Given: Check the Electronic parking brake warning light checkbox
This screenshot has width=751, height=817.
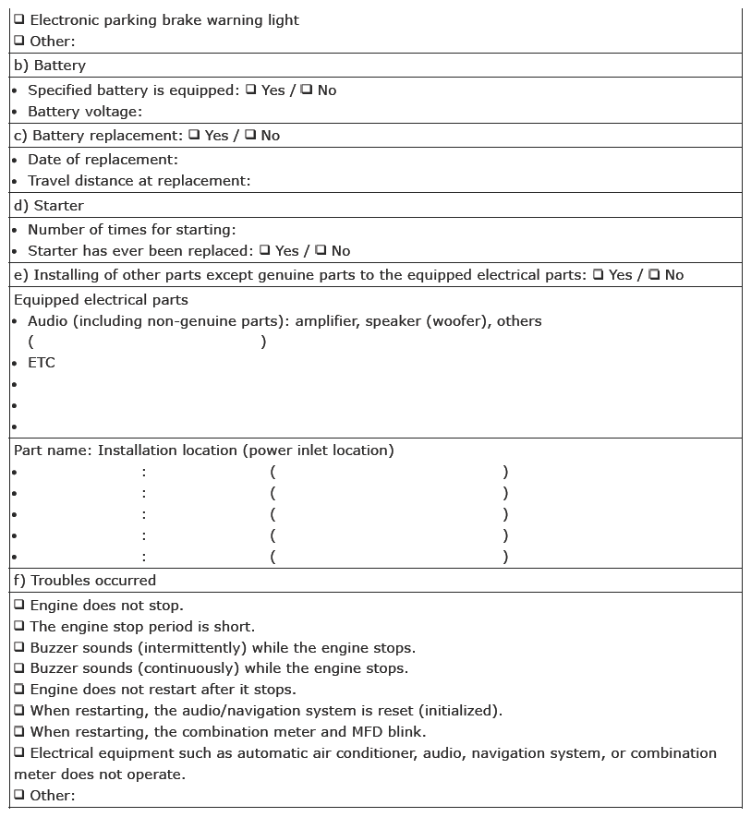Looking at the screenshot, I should tap(19, 19).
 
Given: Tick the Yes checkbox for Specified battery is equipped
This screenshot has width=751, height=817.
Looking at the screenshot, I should tap(250, 90).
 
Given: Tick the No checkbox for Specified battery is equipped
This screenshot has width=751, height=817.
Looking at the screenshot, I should tap(307, 90).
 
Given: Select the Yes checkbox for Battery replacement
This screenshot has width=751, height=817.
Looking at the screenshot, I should tap(194, 135).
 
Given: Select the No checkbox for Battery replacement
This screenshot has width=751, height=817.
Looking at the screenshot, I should tap(250, 135).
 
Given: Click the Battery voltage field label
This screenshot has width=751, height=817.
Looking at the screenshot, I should tap(85, 112).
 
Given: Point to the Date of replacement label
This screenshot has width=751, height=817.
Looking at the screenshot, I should tap(103, 160).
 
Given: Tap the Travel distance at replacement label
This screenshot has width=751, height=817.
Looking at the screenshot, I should tap(139, 181).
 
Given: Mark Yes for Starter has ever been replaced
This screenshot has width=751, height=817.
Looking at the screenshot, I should tap(265, 250).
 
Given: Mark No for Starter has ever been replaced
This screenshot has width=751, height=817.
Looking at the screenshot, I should tap(321, 250).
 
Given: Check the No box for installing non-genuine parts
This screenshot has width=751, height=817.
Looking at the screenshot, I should tap(654, 274).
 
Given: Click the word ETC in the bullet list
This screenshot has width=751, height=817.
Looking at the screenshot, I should tap(42, 363).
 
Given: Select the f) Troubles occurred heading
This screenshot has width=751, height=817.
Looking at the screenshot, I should tap(84, 581).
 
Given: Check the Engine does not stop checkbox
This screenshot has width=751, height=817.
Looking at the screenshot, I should tap(19, 606).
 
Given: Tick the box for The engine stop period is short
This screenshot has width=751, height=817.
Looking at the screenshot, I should tap(19, 627).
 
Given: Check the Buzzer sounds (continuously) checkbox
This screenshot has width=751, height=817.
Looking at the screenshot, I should tap(19, 668).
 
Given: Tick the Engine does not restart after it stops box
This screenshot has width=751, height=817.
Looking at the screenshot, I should tap(19, 690).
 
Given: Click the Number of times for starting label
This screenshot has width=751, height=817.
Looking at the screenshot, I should tap(132, 229).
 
